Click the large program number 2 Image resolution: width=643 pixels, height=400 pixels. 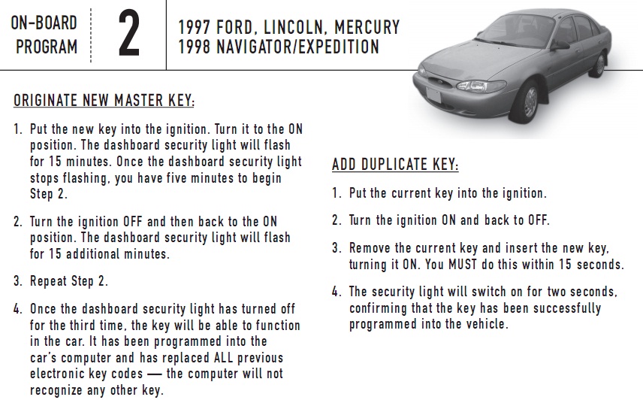click(129, 33)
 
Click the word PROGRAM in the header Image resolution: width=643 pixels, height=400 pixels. click(47, 47)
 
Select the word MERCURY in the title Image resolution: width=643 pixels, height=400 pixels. click(367, 28)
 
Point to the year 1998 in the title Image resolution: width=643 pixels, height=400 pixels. click(194, 47)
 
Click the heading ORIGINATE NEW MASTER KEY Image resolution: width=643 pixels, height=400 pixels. click(104, 101)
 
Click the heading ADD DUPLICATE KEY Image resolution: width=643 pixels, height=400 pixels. click(395, 165)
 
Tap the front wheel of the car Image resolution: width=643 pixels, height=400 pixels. click(530, 102)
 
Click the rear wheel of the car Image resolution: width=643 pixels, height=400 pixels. click(600, 65)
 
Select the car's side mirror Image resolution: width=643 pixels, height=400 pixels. click(560, 44)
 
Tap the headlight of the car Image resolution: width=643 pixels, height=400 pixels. click(480, 86)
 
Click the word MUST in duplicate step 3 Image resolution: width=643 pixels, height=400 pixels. click(463, 265)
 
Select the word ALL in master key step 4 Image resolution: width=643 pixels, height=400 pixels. click(224, 357)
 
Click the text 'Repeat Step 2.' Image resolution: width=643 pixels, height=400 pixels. click(69, 281)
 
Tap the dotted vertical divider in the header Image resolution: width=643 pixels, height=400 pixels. click(91, 35)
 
